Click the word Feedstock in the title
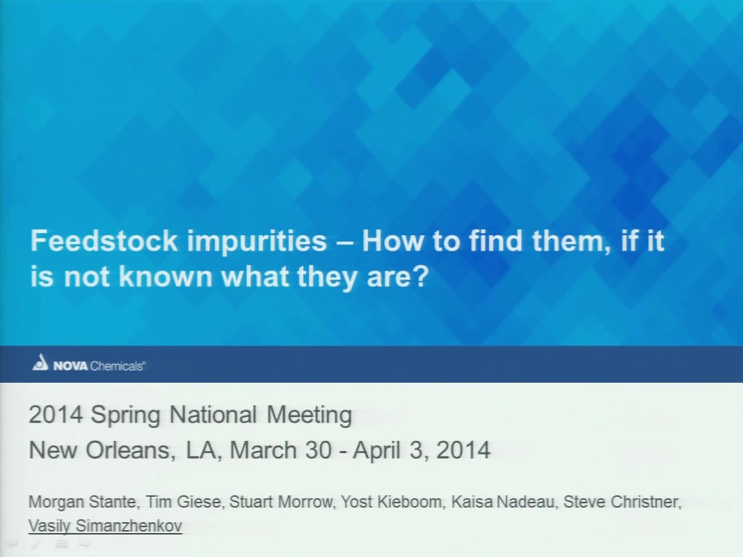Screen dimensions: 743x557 pos(104,241)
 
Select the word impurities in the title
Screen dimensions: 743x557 pos(257,242)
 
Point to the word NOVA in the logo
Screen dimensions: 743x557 pos(70,366)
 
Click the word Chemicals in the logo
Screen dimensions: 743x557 pos(117,366)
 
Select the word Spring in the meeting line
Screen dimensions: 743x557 pos(126,416)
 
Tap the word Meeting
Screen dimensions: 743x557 pos(309,416)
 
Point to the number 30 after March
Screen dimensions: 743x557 pos(319,450)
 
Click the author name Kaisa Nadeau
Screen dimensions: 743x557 pos(504,502)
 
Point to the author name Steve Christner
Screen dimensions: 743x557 pos(622,502)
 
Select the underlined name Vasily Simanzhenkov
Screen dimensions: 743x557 pos(105,526)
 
